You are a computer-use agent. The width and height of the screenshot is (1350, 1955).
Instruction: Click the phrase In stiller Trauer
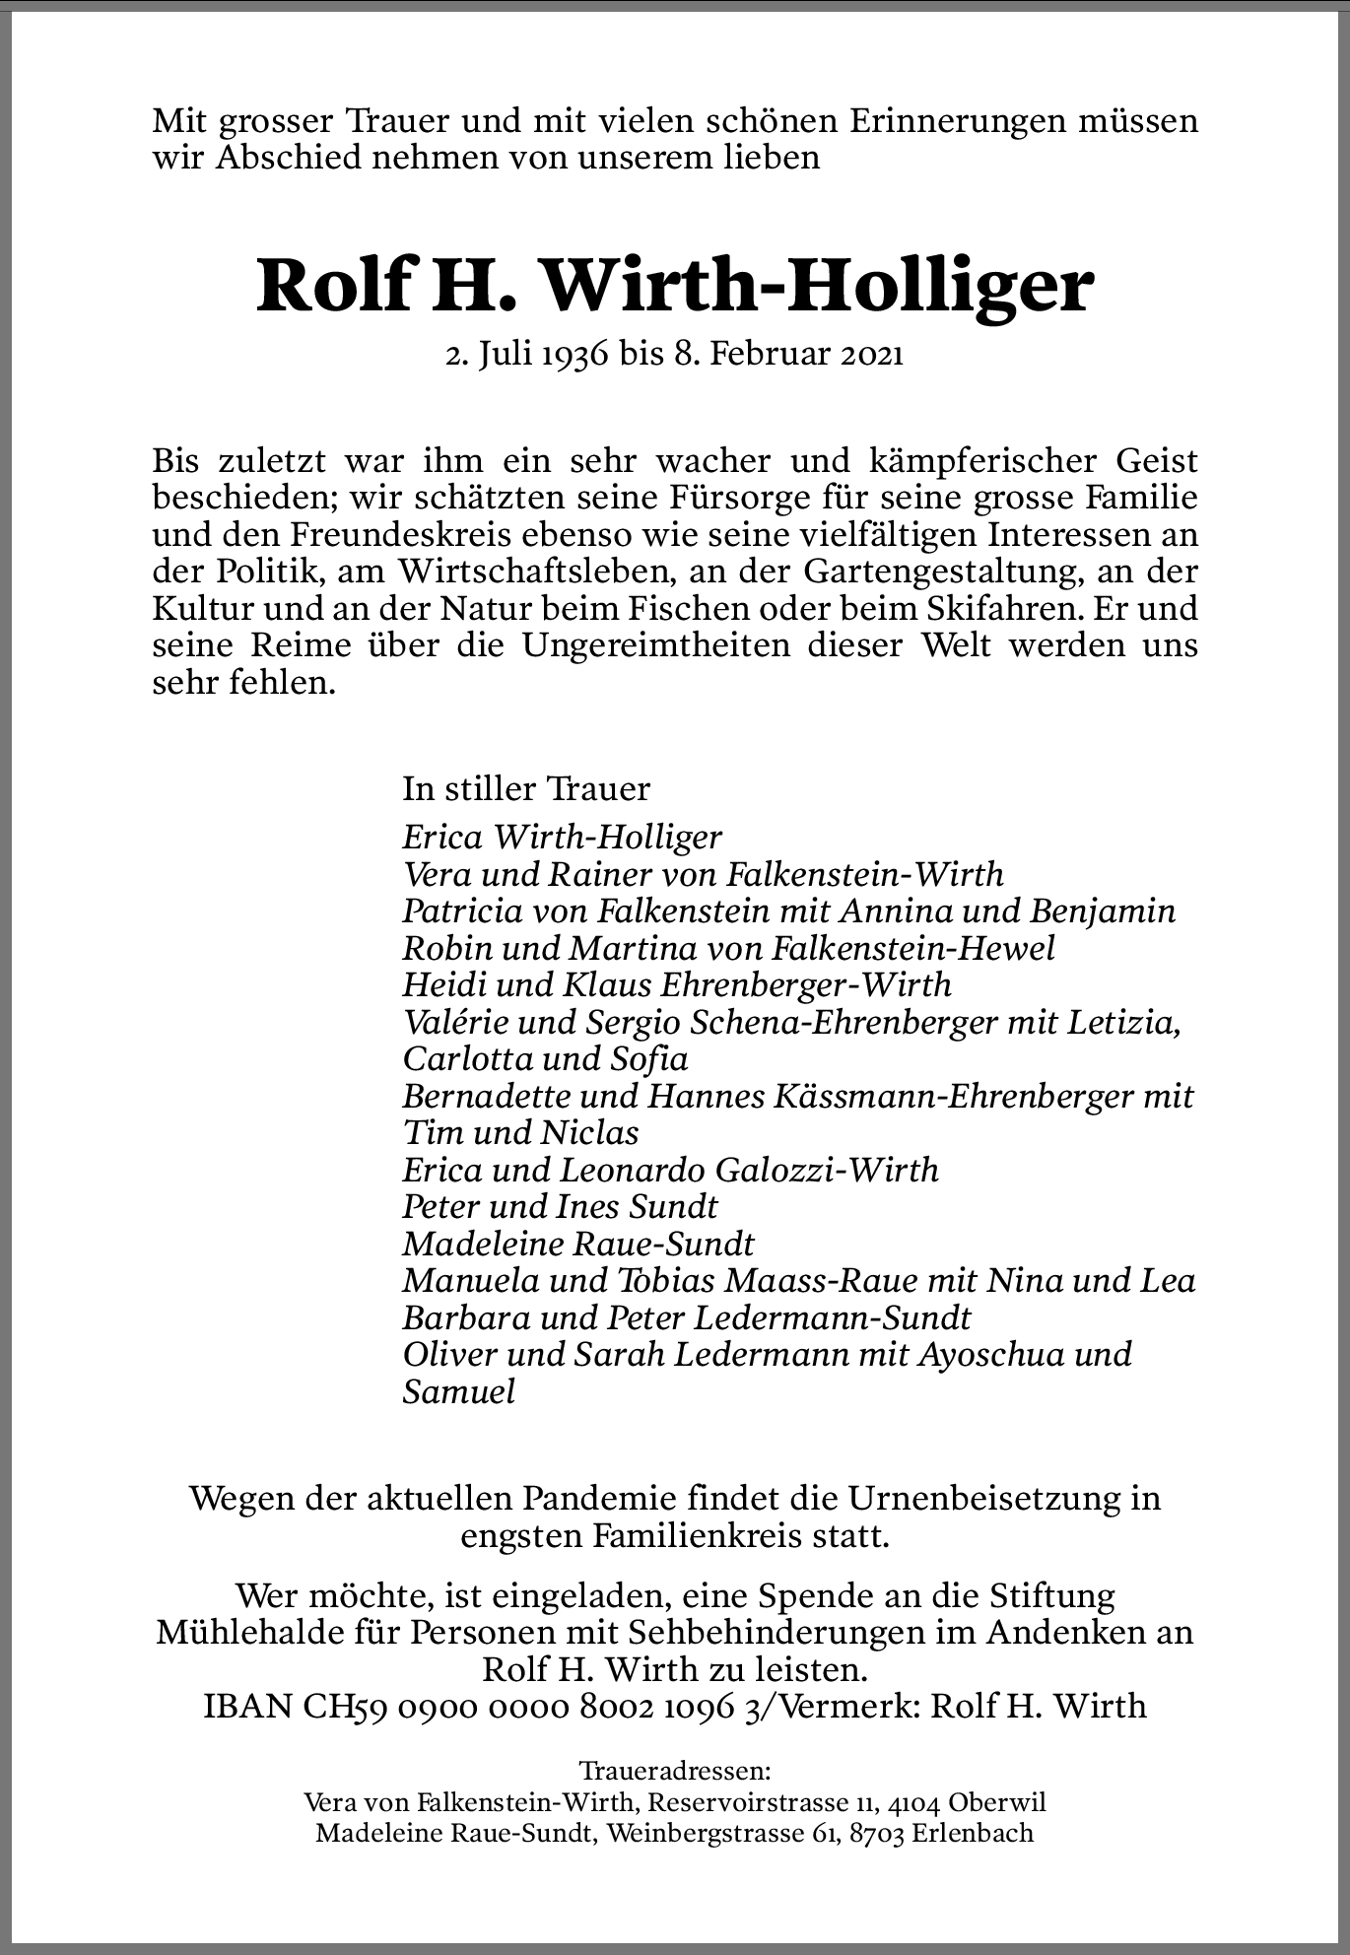pyautogui.click(x=526, y=788)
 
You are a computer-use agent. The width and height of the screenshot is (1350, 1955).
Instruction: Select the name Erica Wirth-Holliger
pyautogui.click(x=562, y=838)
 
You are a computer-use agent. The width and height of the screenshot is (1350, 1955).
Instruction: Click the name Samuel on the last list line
pyautogui.click(x=458, y=1391)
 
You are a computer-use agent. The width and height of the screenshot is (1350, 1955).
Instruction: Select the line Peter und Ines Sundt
pyautogui.click(x=560, y=1206)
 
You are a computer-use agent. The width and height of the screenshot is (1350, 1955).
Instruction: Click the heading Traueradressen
pyautogui.click(x=675, y=1771)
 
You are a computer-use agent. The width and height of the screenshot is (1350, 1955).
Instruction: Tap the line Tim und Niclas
pyautogui.click(x=520, y=1132)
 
